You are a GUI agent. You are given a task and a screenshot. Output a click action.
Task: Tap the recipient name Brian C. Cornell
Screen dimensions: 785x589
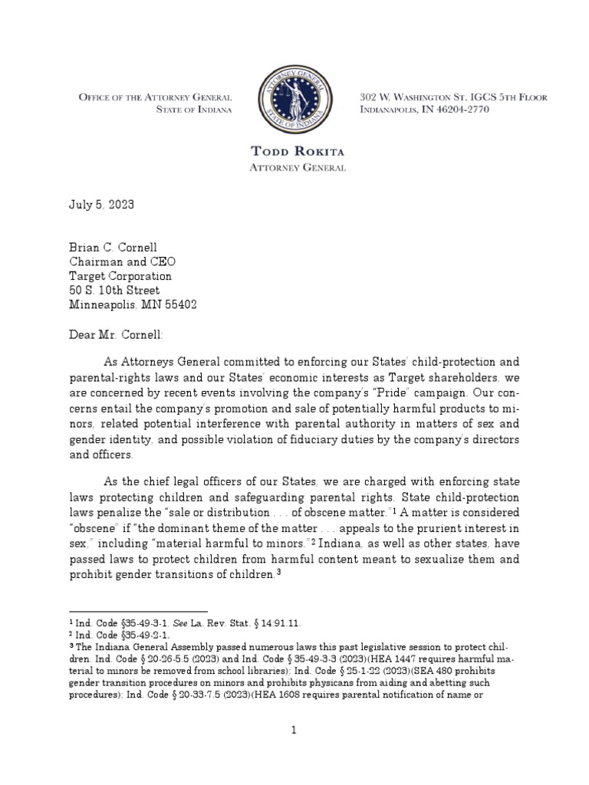coord(114,247)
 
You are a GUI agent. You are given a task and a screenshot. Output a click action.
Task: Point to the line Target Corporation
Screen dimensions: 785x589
coord(120,276)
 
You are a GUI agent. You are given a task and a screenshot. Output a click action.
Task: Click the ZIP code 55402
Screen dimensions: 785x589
coord(181,305)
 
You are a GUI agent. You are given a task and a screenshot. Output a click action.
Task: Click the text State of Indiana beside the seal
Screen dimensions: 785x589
coord(193,110)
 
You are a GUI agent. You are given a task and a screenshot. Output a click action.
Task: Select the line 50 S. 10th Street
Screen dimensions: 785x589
coord(114,291)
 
